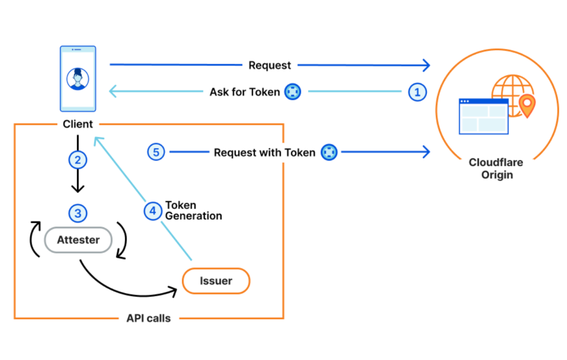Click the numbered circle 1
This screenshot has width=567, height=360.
(417, 92)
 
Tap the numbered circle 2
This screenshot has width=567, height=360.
(78, 160)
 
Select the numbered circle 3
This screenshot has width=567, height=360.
(78, 213)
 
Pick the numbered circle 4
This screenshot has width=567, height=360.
(153, 211)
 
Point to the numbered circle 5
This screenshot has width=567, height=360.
(156, 152)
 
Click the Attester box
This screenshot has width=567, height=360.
(78, 240)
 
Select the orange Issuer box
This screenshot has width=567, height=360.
(216, 281)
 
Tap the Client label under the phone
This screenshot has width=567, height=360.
(78, 124)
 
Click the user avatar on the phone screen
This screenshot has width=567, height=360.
(78, 79)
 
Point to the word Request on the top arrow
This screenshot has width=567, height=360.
(270, 65)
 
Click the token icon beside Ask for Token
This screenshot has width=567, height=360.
(292, 92)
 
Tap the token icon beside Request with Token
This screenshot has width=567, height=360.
(329, 152)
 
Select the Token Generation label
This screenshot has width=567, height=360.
(193, 211)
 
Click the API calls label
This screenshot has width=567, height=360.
(148, 318)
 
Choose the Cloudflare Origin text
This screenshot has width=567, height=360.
(496, 169)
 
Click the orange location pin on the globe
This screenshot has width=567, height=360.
(527, 104)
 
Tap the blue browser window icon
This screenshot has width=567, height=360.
(483, 117)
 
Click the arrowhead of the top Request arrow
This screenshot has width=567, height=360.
(427, 65)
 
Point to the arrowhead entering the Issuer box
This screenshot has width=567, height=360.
(173, 291)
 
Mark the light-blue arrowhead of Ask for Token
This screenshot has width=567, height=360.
(113, 91)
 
